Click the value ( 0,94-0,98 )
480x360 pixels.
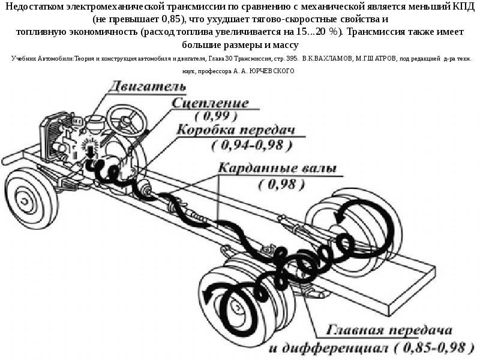251,145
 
